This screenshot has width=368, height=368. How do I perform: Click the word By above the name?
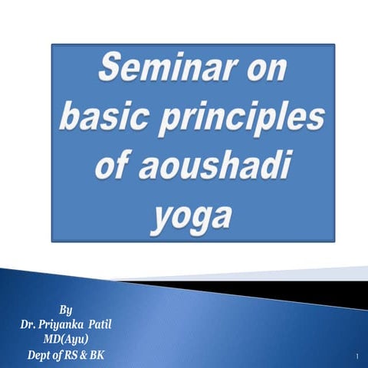pos(66,310)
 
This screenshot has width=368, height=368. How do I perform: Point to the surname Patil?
pos(100,325)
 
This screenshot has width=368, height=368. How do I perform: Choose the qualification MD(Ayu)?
pos(66,340)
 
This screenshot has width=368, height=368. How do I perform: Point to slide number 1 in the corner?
pos(357,357)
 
